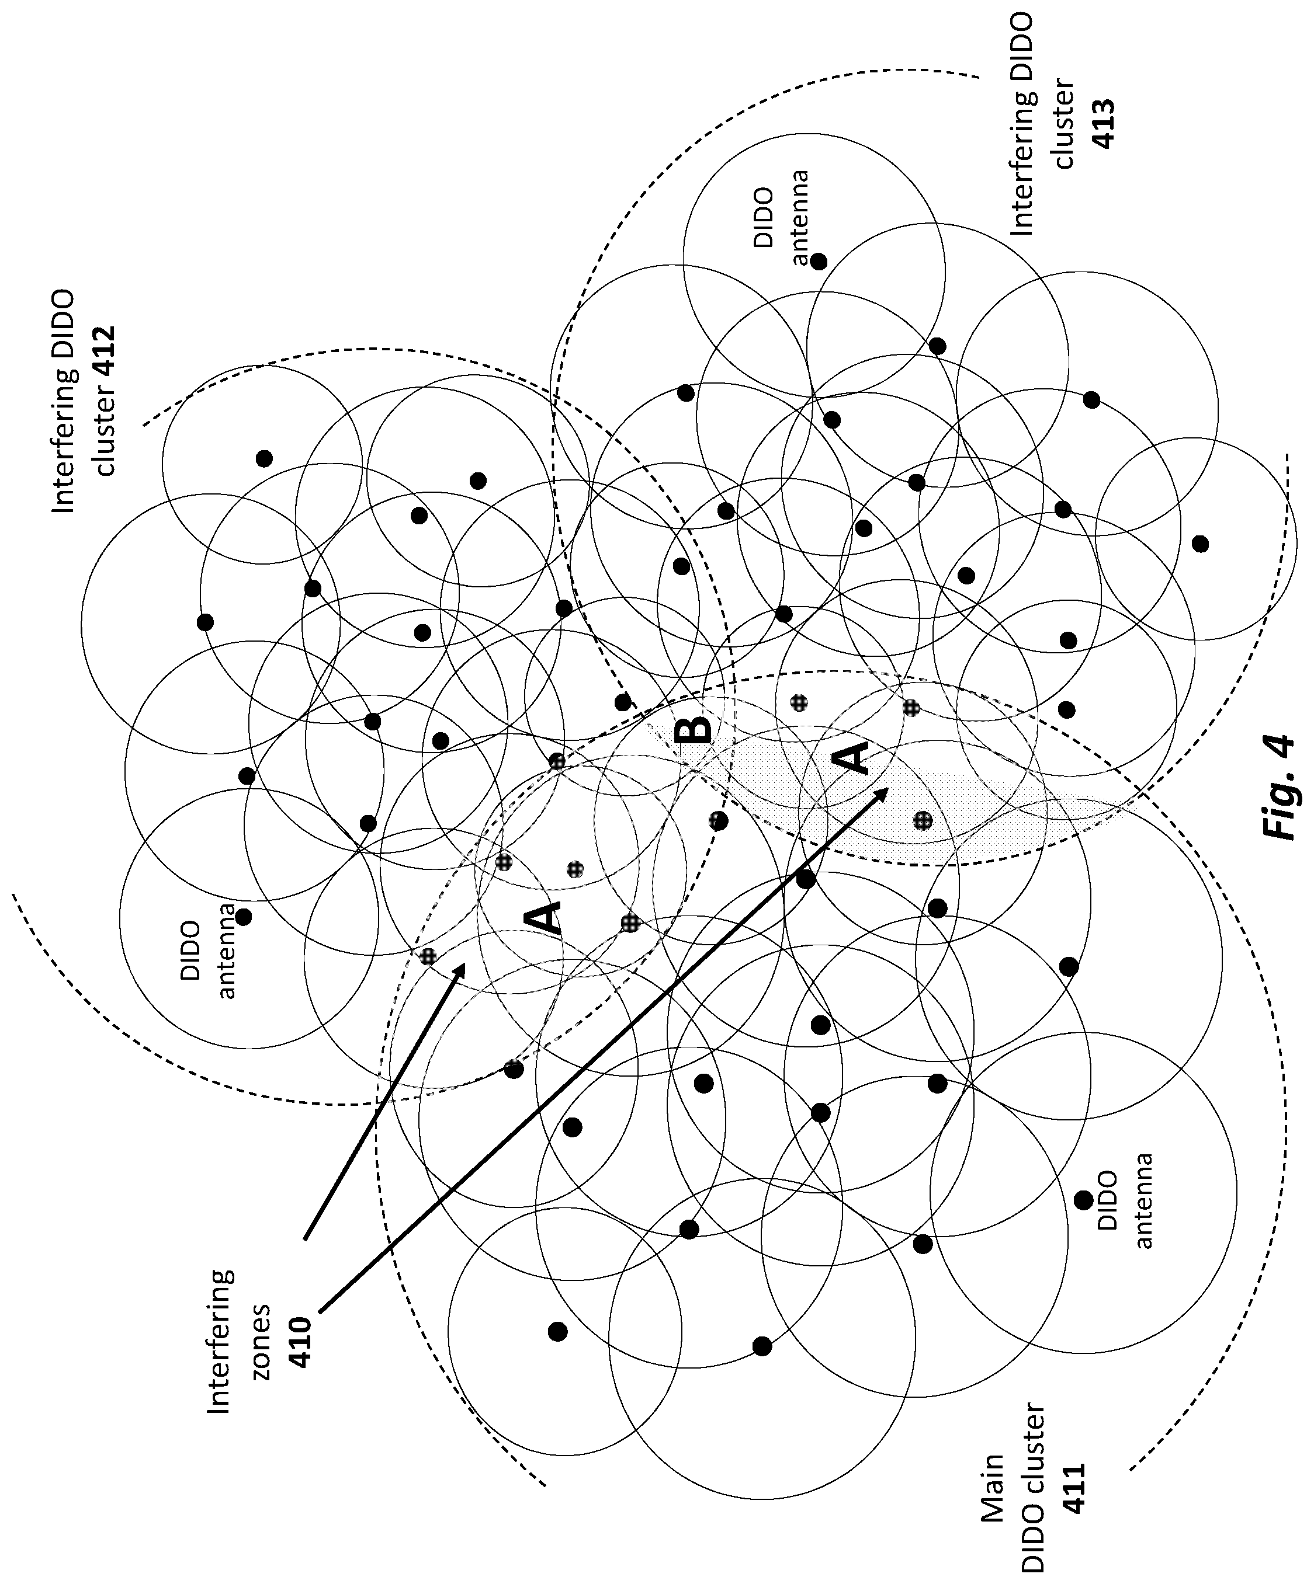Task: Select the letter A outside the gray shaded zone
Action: (543, 919)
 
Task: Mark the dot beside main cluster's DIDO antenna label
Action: (1083, 1199)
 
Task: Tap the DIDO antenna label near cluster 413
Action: (782, 219)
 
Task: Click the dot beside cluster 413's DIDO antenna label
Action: (819, 262)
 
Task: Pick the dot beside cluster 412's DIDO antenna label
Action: (244, 917)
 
